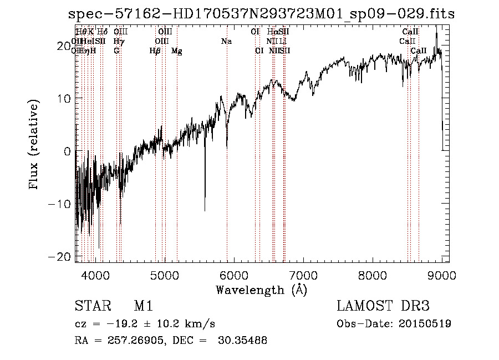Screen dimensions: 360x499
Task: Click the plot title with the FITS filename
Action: (x=261, y=14)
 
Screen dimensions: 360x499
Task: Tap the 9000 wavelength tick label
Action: (x=442, y=275)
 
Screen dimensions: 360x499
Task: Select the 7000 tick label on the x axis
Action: (x=303, y=275)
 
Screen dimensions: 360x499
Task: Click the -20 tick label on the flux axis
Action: (x=59, y=256)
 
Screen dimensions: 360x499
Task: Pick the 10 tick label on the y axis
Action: (x=64, y=98)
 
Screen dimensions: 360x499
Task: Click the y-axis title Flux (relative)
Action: (x=34, y=145)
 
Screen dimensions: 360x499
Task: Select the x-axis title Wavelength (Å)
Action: (x=261, y=290)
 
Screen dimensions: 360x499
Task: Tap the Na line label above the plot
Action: (x=226, y=42)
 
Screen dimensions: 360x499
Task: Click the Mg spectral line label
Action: (x=177, y=51)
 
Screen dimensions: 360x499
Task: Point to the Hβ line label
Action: (x=155, y=51)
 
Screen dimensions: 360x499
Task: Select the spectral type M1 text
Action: (x=143, y=306)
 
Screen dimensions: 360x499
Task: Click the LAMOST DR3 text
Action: (x=383, y=306)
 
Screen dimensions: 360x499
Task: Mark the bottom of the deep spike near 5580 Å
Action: (x=205, y=211)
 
